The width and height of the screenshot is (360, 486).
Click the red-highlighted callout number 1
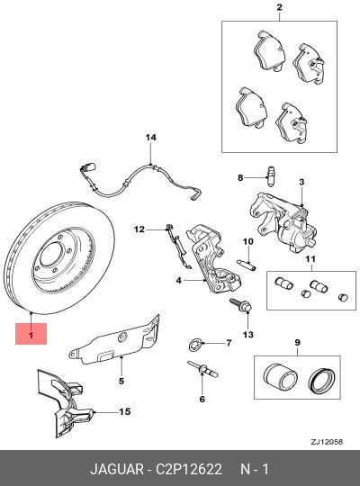30,335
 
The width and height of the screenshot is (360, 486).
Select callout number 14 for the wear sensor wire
151,137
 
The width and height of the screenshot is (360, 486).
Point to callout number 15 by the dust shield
125,411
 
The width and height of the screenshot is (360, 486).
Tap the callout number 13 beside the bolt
248,335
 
